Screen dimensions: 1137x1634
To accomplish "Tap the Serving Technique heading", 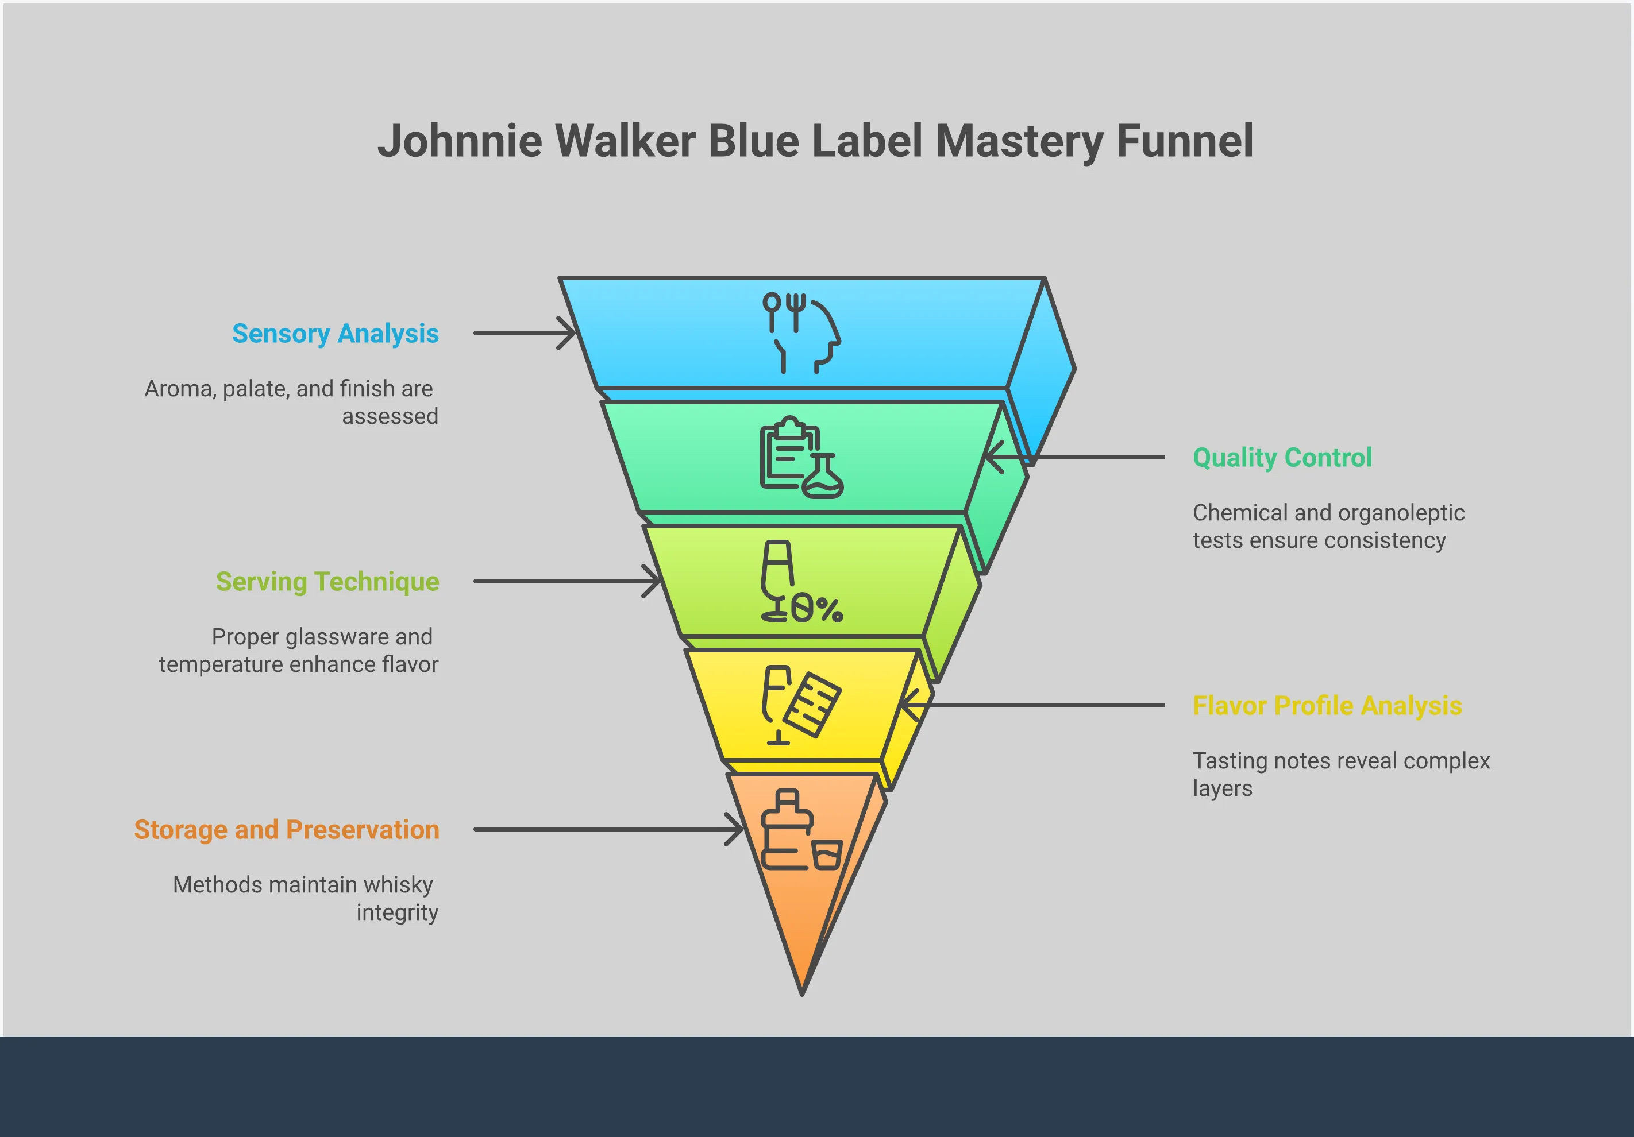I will (327, 581).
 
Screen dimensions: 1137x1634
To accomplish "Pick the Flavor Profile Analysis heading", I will (1327, 705).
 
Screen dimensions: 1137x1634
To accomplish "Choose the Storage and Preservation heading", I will (286, 830).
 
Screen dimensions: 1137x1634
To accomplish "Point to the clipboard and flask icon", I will (801, 458).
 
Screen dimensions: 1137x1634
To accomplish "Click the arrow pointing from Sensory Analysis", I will (525, 333).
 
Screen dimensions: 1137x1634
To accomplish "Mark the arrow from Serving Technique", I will (567, 581).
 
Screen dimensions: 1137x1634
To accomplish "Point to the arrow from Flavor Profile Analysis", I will (1032, 705).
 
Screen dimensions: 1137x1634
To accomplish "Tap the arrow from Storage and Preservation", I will (608, 830).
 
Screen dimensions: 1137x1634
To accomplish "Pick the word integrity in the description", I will (397, 912).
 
